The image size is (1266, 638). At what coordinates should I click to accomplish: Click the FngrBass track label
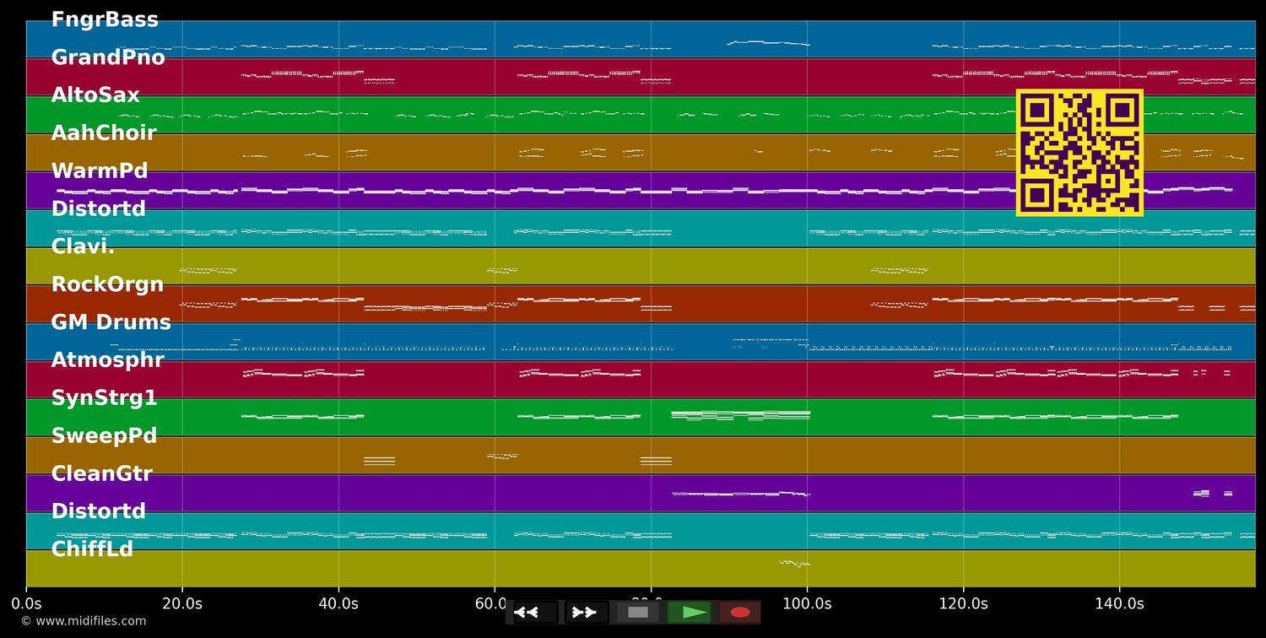click(x=105, y=20)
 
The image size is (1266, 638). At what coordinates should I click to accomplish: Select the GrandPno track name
click(x=108, y=58)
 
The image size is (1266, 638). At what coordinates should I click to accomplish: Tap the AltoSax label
click(x=95, y=96)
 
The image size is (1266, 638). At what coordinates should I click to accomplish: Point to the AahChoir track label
click(x=104, y=133)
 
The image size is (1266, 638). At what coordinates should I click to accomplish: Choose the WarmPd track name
click(x=100, y=171)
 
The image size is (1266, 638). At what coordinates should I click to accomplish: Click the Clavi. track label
click(x=83, y=247)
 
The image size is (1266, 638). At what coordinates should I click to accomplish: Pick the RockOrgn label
click(x=107, y=285)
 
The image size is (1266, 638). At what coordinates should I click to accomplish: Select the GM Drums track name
click(x=111, y=323)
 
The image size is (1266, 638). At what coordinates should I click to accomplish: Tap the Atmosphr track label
click(x=107, y=360)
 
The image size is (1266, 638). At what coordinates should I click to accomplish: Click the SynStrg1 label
click(x=104, y=398)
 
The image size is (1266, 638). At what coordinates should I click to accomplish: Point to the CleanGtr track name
click(x=101, y=474)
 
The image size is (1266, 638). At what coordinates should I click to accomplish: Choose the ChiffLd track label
click(x=92, y=549)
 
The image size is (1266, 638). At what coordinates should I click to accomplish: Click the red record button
click(x=740, y=613)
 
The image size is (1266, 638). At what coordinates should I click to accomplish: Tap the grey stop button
click(x=638, y=613)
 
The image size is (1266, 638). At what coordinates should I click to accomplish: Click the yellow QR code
click(x=1079, y=153)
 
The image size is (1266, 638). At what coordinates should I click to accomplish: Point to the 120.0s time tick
click(x=963, y=604)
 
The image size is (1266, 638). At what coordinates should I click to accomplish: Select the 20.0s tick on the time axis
click(x=182, y=604)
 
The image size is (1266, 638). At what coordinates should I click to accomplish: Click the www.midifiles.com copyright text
click(x=84, y=622)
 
